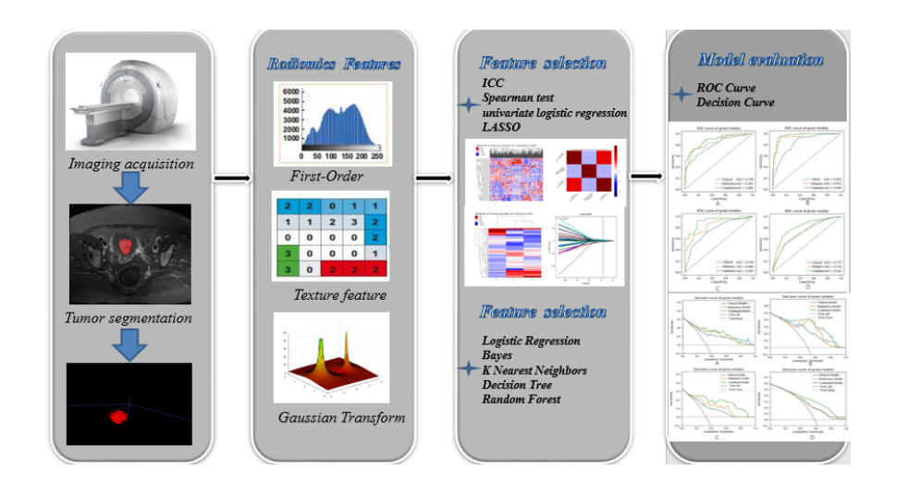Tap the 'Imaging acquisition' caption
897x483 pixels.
[130, 165]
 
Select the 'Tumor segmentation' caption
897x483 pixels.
[131, 318]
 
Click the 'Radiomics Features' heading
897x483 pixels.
[334, 65]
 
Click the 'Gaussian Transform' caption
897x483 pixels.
[341, 417]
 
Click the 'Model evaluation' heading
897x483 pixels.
[760, 59]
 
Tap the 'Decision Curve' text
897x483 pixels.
[735, 102]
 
